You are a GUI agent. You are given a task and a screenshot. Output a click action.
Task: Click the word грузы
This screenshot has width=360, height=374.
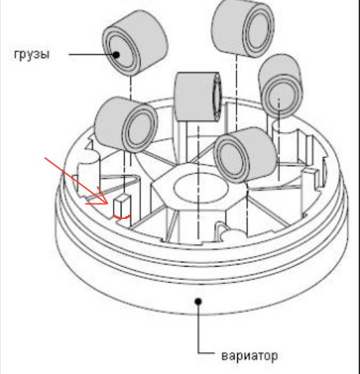coord(32,55)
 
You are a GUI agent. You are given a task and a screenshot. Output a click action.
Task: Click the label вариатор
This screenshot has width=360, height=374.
coord(250,356)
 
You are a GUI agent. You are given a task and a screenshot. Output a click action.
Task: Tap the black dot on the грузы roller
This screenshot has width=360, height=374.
coord(116,55)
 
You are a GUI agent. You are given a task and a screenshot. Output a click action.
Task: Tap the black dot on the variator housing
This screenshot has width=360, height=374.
coord(198,302)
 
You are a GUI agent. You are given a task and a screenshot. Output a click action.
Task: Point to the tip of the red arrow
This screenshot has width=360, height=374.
coord(108,203)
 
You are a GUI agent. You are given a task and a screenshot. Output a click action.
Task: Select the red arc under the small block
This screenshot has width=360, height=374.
coord(121,217)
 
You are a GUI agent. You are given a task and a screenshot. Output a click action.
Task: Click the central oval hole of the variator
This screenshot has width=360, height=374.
coord(201,188)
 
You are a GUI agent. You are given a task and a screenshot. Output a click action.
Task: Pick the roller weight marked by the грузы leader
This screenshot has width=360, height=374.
coord(135,43)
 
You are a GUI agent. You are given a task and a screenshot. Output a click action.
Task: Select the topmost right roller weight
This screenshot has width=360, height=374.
coord(243,28)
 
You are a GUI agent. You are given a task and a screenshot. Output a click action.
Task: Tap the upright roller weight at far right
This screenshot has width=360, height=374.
coord(281,86)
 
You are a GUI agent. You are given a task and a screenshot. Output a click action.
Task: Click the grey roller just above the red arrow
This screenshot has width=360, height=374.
coord(126,124)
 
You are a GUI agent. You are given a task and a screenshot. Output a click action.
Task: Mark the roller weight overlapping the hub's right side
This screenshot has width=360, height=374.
coord(246,155)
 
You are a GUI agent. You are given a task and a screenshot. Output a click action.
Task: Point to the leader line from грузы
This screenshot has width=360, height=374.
coord(92,55)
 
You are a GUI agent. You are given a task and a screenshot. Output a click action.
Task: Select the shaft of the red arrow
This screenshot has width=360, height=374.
coord(76,180)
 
